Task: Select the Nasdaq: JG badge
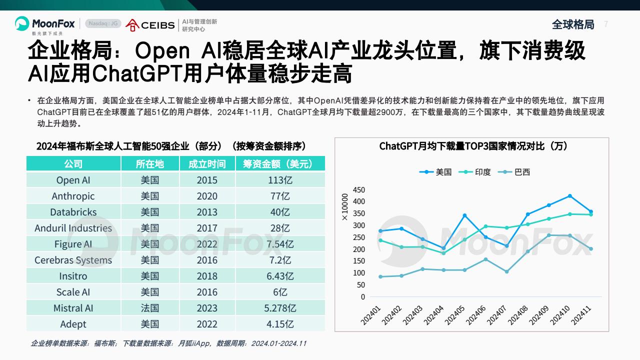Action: coord(103,23)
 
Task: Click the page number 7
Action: coord(606,24)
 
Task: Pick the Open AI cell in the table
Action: coord(73,180)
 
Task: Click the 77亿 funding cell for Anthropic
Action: coord(280,196)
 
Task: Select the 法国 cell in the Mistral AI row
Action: coord(150,308)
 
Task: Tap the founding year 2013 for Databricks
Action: coord(207,212)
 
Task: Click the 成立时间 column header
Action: coord(207,164)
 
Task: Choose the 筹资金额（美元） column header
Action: coord(280,164)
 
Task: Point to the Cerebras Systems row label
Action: coord(73,260)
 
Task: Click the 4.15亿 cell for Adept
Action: coord(280,324)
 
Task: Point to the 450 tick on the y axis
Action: coord(359,189)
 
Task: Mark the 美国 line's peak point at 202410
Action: coord(569,196)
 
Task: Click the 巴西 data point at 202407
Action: coord(506,271)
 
